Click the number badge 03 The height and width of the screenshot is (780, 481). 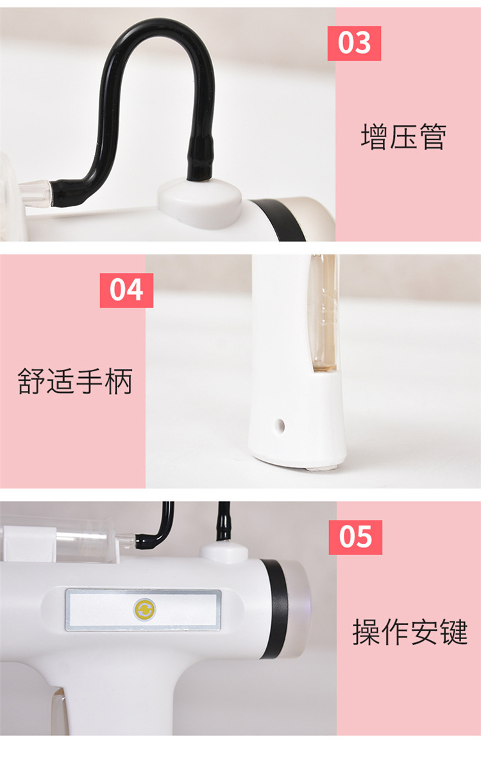point(354,43)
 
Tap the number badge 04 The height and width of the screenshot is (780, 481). point(126,290)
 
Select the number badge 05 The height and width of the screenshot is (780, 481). point(355,537)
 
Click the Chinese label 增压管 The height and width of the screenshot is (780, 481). point(403,137)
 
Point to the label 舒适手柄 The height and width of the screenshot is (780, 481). point(75,381)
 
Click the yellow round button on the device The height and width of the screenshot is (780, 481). point(145,610)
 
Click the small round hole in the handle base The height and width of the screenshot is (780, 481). point(280,426)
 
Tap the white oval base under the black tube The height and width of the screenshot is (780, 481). point(199,203)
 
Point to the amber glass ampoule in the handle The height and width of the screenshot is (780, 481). point(324,311)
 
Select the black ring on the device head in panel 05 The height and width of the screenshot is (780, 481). point(275,609)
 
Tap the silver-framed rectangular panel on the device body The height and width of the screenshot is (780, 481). point(143,610)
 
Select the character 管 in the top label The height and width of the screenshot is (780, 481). point(433,137)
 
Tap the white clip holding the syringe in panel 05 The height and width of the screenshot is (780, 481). point(30,544)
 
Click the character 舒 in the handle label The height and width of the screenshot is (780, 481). point(31,381)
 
